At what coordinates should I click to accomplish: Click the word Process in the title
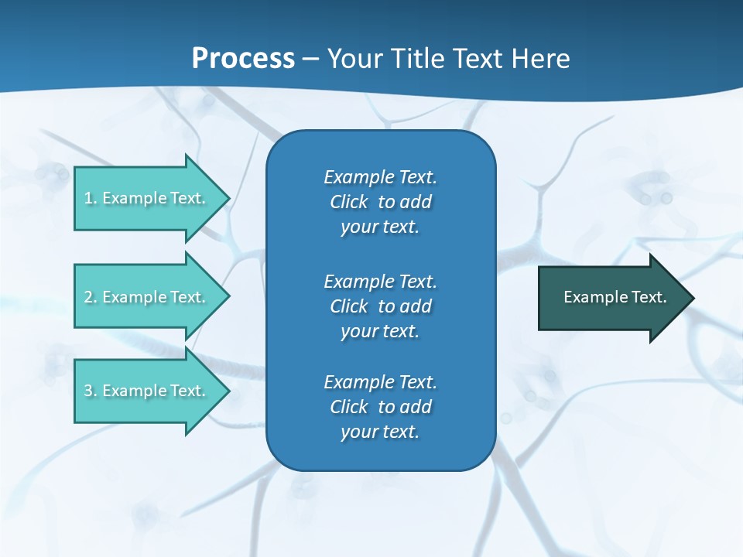coord(243,59)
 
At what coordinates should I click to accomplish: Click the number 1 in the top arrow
coord(88,198)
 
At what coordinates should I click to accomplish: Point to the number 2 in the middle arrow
coord(88,297)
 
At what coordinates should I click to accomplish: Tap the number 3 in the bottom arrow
coord(88,391)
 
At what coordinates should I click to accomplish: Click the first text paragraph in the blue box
coord(380,202)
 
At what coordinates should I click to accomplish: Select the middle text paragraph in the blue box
coord(380,306)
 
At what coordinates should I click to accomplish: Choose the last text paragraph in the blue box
coord(380,407)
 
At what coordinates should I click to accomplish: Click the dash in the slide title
coord(311,60)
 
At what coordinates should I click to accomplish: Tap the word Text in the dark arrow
coord(650,297)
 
